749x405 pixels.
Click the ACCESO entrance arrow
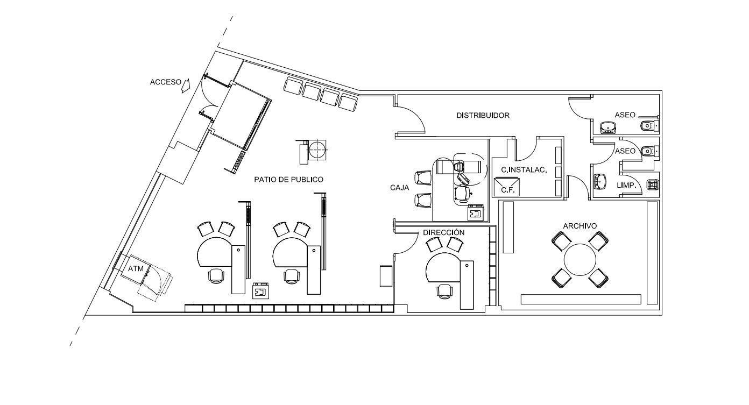[x=186, y=86]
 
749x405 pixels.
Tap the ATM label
[x=136, y=268]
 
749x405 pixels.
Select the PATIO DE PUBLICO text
[x=288, y=180]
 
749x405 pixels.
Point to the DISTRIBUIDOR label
[x=483, y=115]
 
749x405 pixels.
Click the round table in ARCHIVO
[x=580, y=260]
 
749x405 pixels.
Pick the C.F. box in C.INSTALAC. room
[x=507, y=187]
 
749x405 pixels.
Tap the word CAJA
[x=400, y=188]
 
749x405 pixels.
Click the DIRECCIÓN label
[x=444, y=232]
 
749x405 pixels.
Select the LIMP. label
[x=627, y=185]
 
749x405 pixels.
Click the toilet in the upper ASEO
[x=649, y=126]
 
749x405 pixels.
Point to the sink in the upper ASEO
[x=608, y=127]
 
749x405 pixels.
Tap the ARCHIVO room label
[x=580, y=226]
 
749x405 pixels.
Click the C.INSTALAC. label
[x=524, y=170]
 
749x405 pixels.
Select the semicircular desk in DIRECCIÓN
[x=443, y=267]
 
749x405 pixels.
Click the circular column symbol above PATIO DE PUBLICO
[x=316, y=150]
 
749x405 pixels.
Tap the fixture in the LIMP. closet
[x=652, y=184]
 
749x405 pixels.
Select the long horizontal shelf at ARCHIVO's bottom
[x=581, y=299]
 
